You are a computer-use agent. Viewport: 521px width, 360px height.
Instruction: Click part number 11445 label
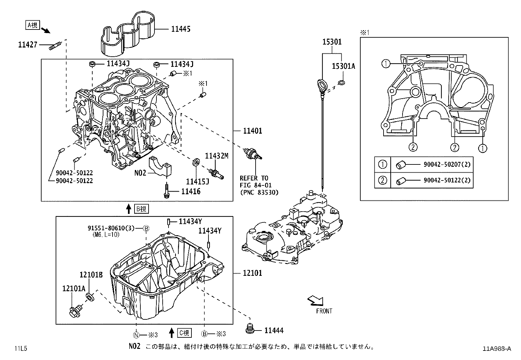click(180, 29)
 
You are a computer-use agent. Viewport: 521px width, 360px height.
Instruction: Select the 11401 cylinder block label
click(252, 131)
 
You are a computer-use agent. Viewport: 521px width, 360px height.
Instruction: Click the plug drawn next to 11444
click(250, 329)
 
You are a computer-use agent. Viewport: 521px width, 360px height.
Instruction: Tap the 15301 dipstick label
click(332, 42)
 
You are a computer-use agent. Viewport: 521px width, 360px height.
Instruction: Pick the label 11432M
click(216, 156)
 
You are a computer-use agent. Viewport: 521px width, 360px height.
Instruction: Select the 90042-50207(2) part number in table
click(447, 164)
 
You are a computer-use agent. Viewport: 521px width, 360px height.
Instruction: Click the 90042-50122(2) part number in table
click(447, 180)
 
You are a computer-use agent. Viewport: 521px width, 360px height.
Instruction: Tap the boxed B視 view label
click(141, 209)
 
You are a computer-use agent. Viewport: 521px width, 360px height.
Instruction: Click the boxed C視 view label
click(184, 333)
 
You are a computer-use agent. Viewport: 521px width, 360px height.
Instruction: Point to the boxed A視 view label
click(32, 25)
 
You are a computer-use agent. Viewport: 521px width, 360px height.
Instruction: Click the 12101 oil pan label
click(252, 273)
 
